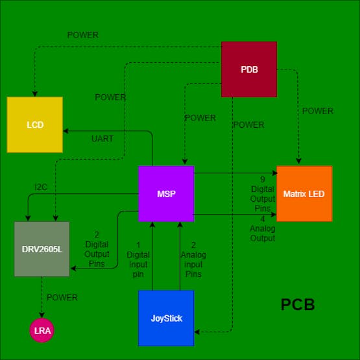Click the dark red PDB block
point(249,69)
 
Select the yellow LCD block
point(35,125)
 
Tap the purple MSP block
point(166,193)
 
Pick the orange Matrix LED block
point(304,193)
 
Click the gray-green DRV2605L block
point(42,248)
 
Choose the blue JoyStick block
point(166,318)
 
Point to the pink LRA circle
point(42,331)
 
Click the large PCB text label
point(298,305)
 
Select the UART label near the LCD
point(102,139)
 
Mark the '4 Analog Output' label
point(262,229)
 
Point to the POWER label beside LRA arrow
point(62,298)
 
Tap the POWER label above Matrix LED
point(318,111)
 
